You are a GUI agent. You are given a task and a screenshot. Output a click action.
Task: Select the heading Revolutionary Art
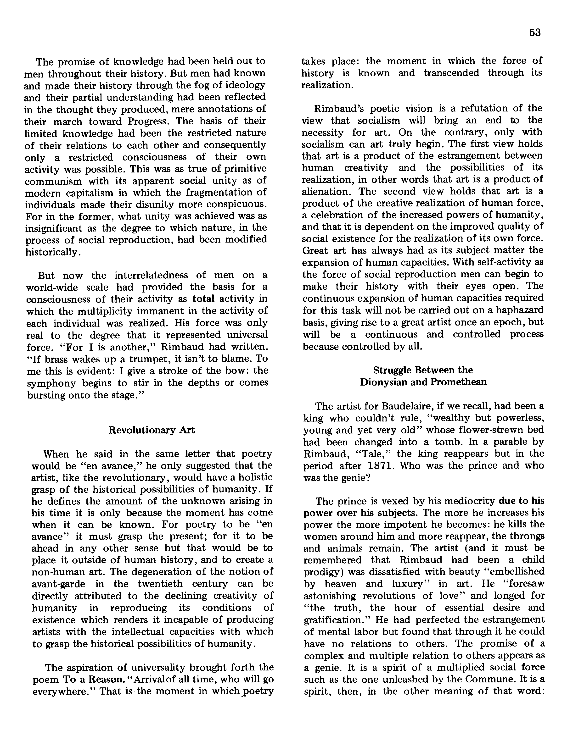coord(152,430)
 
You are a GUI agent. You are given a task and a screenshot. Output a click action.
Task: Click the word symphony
coord(51,383)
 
